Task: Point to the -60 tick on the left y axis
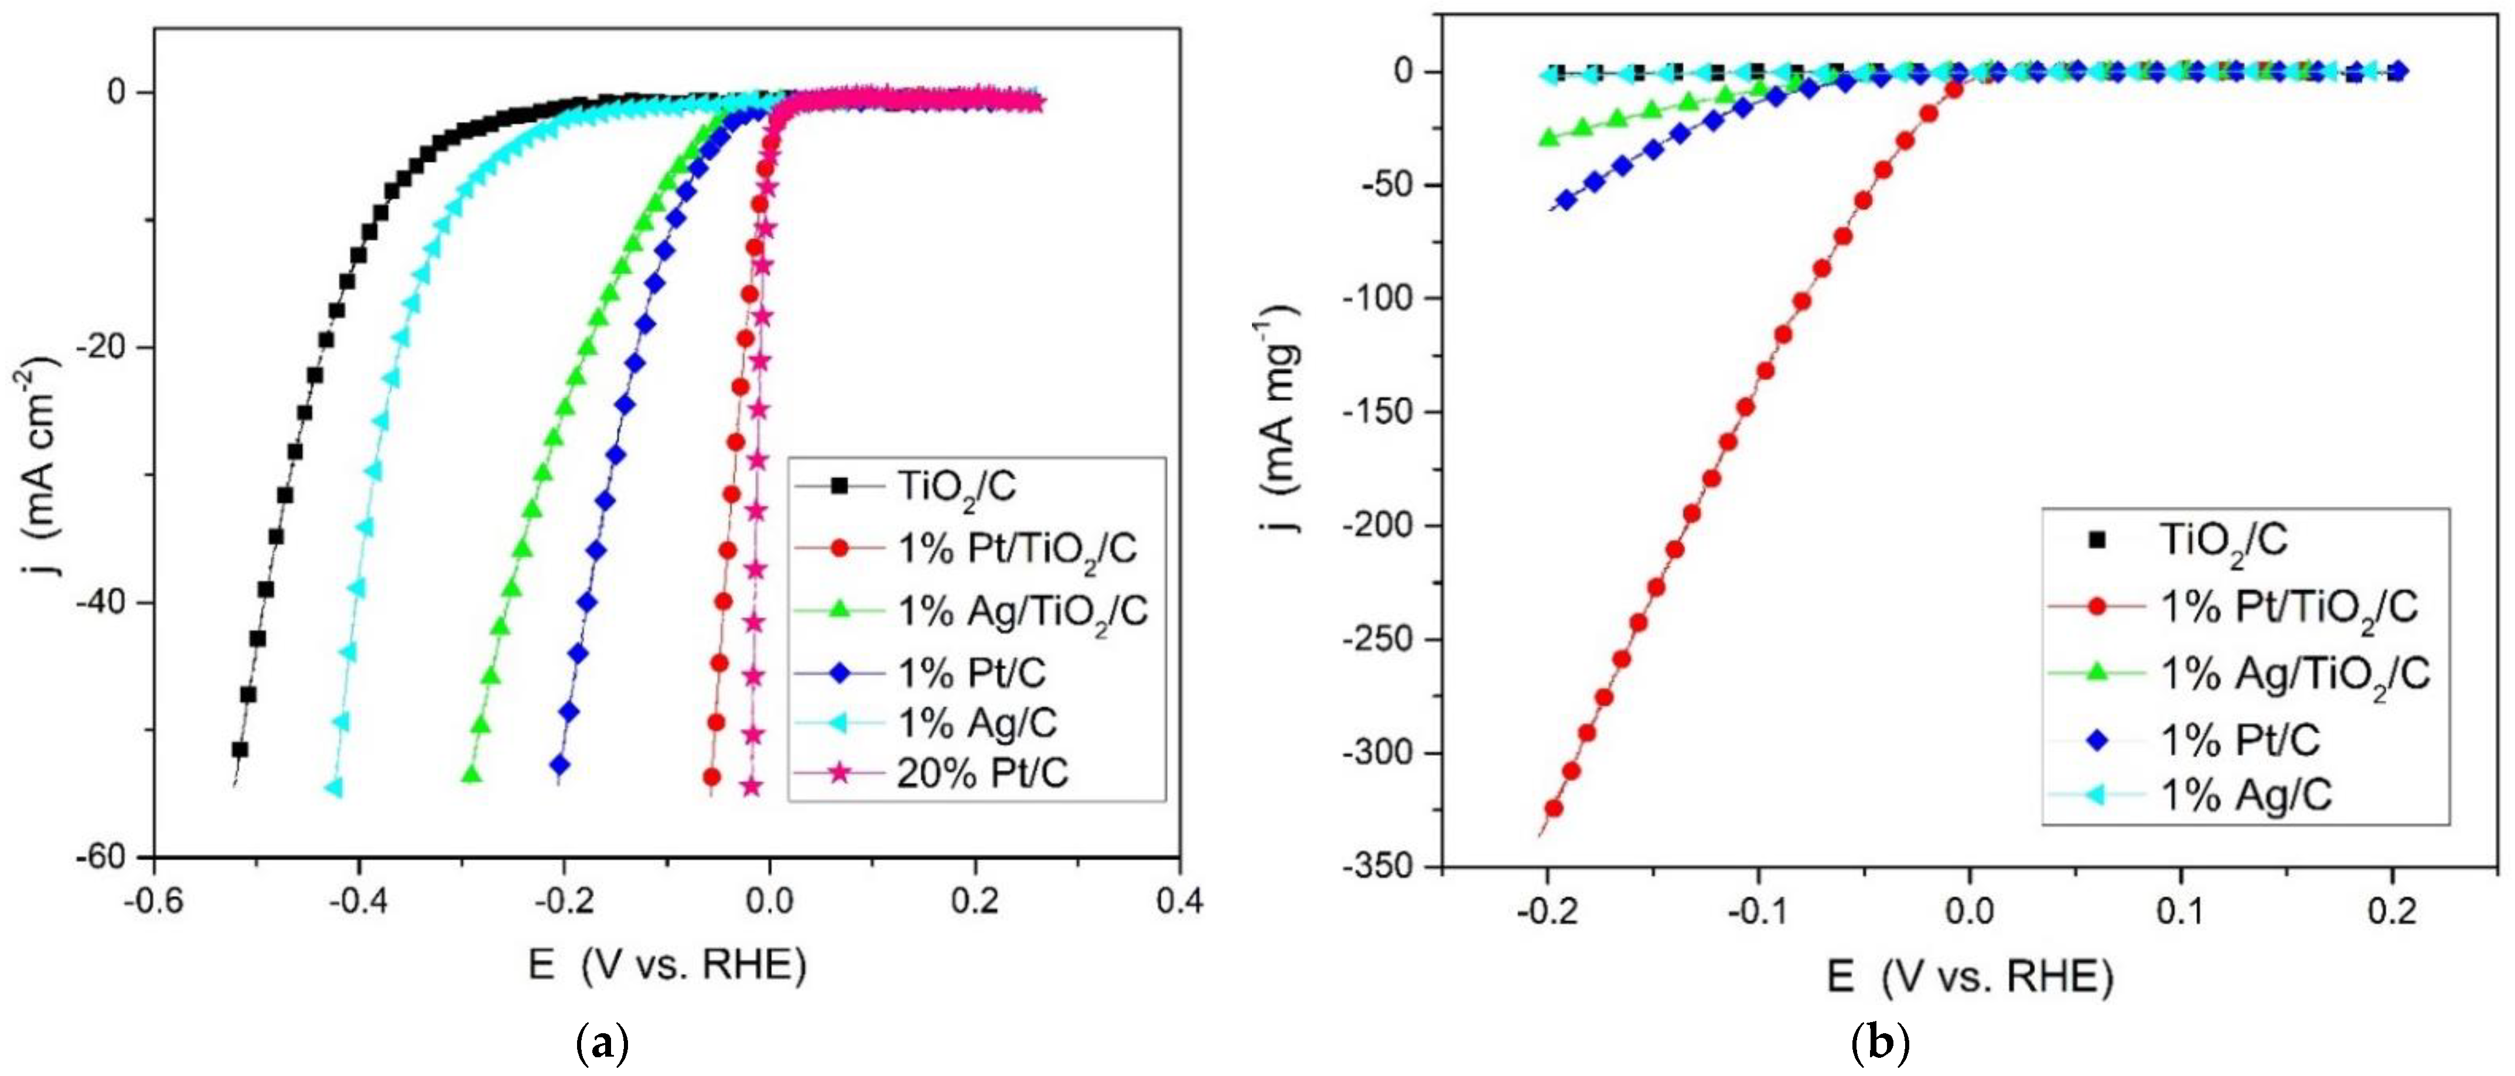click(110, 856)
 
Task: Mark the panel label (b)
click(1879, 1045)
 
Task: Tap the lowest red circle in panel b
click(1553, 808)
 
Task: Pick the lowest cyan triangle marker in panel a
click(335, 787)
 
